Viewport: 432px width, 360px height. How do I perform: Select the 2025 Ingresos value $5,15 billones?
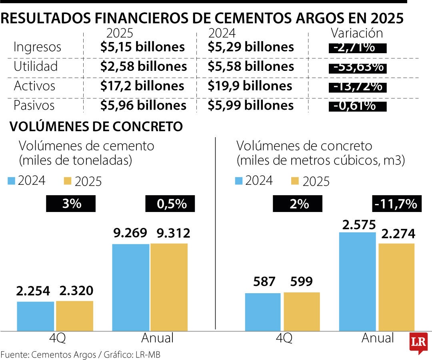point(142,47)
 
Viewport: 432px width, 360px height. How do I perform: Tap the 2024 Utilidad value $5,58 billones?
point(251,66)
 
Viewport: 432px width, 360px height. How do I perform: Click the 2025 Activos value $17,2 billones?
point(142,86)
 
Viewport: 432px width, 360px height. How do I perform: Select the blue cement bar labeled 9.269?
point(130,287)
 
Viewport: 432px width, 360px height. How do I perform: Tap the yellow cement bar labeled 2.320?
point(74,316)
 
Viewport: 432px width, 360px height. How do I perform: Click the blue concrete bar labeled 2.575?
point(357,282)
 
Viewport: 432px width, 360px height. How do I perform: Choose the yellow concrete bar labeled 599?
point(302,311)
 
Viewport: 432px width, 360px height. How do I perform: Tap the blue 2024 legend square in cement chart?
point(11,181)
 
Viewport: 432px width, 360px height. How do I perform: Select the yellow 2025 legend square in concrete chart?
point(296,181)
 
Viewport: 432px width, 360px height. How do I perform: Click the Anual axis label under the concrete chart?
point(378,338)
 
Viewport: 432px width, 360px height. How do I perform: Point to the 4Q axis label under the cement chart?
point(56,338)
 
